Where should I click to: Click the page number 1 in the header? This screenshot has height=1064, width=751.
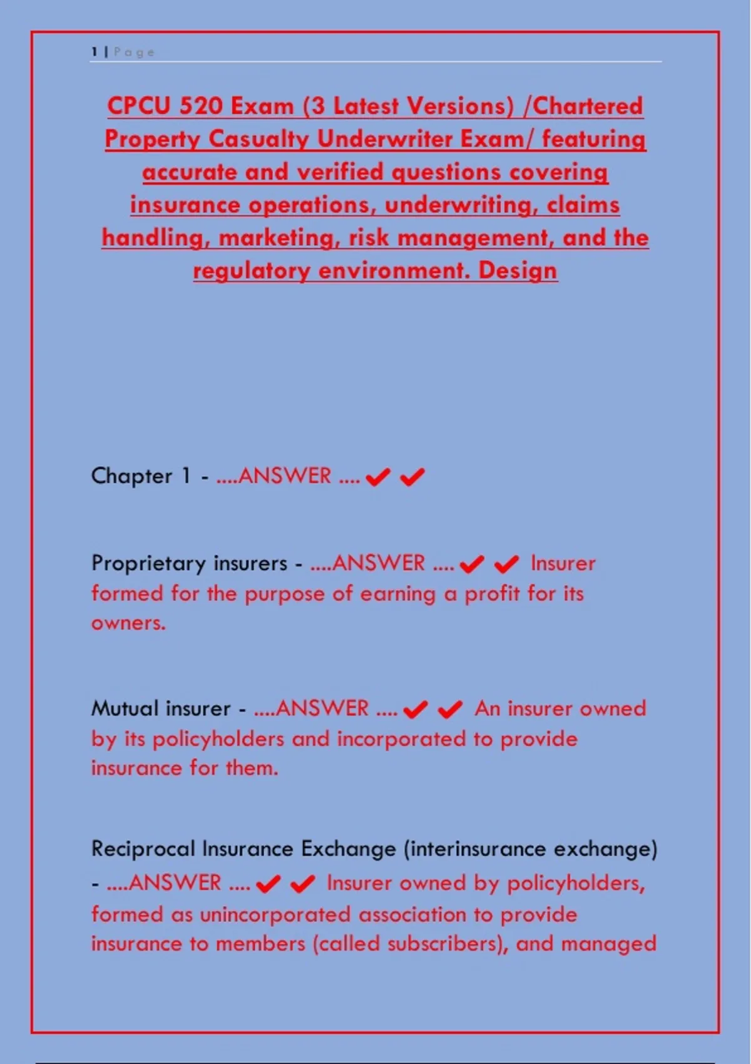pyautogui.click(x=95, y=52)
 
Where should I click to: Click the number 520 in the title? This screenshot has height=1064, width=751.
pyautogui.click(x=198, y=106)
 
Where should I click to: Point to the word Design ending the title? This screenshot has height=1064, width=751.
pyautogui.click(x=518, y=270)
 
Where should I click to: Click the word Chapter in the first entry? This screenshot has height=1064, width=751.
pyautogui.click(x=131, y=476)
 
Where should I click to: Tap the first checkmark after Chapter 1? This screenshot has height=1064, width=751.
pyautogui.click(x=377, y=478)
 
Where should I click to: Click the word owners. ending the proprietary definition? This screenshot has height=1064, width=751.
pyautogui.click(x=128, y=623)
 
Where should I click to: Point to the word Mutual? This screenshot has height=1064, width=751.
pyautogui.click(x=125, y=708)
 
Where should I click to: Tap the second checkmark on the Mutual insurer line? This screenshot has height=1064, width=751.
pyautogui.click(x=450, y=710)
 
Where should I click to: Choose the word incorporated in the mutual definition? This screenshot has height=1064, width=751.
pyautogui.click(x=403, y=739)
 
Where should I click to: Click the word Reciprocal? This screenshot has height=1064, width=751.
pyautogui.click(x=143, y=849)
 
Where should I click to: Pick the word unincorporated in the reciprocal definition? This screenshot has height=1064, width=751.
pyautogui.click(x=275, y=914)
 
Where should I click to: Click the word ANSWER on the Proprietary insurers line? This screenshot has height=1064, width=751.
pyautogui.click(x=378, y=563)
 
